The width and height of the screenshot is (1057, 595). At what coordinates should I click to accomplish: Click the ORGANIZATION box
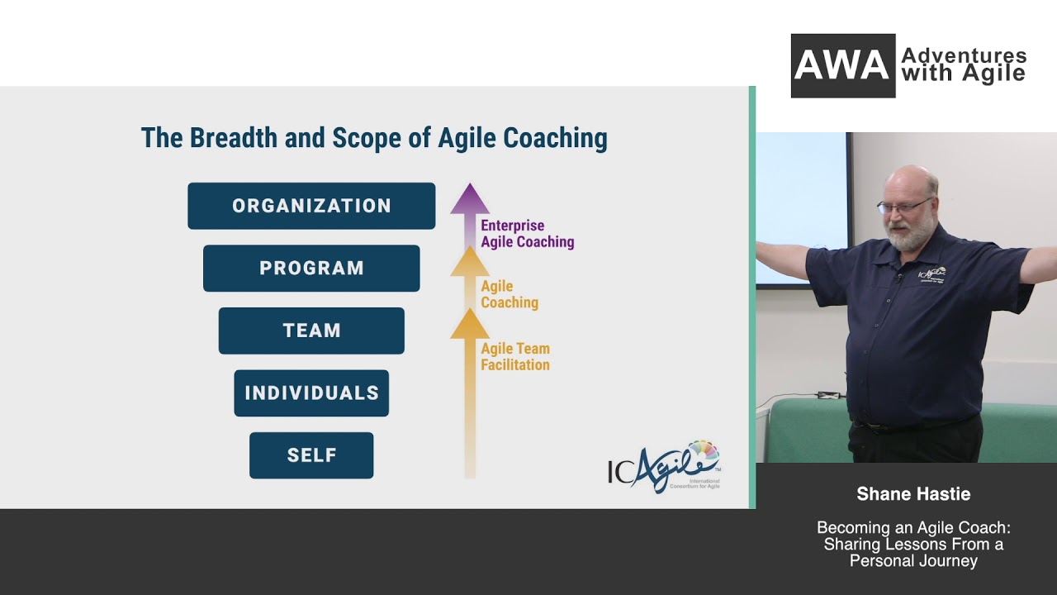click(311, 206)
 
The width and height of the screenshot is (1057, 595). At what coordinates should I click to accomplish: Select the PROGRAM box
click(311, 269)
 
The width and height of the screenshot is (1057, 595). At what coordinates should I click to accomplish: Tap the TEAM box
click(311, 331)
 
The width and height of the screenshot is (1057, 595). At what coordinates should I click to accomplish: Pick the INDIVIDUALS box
click(311, 393)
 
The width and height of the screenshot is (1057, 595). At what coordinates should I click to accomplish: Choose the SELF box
click(311, 455)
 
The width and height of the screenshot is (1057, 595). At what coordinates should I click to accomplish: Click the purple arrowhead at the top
click(470, 199)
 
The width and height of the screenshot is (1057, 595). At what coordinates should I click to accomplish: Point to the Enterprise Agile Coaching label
click(527, 234)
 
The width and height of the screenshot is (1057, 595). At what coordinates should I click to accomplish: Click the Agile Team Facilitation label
click(515, 357)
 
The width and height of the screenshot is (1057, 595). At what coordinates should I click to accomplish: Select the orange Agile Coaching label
click(510, 294)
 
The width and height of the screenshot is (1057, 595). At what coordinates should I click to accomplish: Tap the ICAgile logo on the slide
click(664, 467)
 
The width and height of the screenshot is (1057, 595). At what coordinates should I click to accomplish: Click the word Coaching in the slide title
click(555, 138)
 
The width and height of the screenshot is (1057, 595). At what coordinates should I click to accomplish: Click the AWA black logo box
click(842, 66)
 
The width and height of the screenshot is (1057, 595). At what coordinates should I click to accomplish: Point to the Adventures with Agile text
click(963, 65)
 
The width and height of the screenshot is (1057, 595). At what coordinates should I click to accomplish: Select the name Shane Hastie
click(913, 494)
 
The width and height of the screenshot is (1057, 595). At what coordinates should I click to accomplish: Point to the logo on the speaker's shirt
click(931, 274)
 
